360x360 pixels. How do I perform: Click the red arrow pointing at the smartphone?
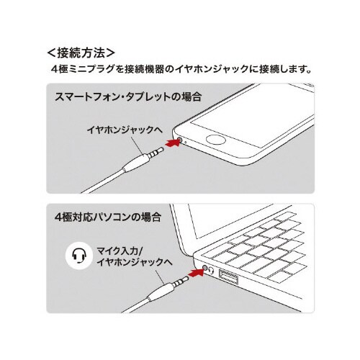[168, 145]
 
